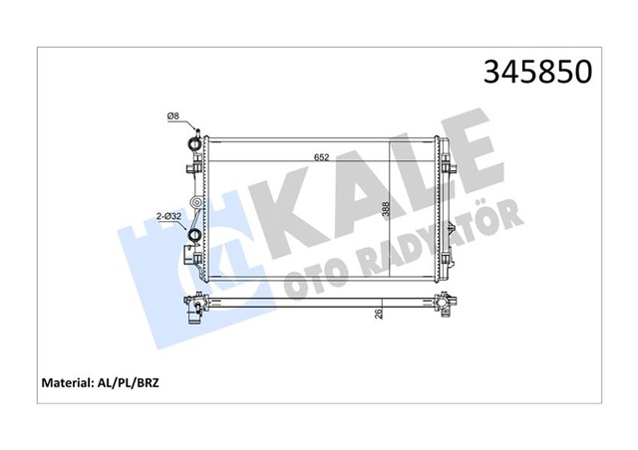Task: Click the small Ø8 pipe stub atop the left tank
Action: click(x=198, y=132)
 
